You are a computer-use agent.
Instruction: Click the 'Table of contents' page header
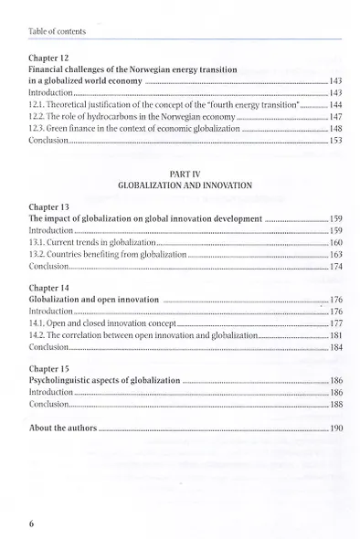click(57, 31)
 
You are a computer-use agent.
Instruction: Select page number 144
click(334, 106)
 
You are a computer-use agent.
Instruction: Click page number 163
click(334, 255)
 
